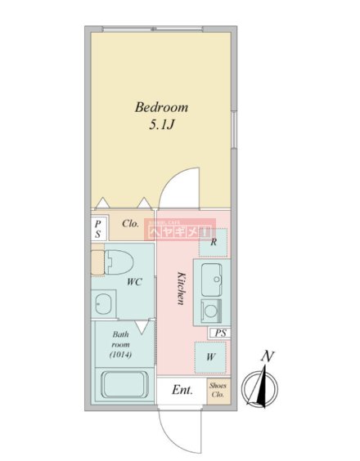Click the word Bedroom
pos(161,107)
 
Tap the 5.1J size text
pos(161,126)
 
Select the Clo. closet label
pos(129,223)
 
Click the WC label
pos(135,283)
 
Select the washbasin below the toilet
pos(102,305)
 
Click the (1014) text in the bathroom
pos(120,355)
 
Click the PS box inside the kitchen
pos(219,333)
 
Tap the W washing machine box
pos(210,356)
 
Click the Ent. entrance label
pos(182,391)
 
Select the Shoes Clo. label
pos(218,391)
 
